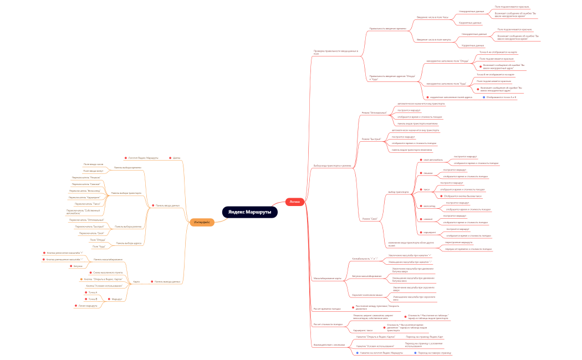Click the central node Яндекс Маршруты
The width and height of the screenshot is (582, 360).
[x=249, y=212]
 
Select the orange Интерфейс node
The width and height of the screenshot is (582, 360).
[x=202, y=222]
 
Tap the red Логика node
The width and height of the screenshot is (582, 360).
[x=295, y=202]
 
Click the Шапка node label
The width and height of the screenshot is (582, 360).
[x=176, y=158]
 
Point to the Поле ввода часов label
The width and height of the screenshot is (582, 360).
[x=93, y=164]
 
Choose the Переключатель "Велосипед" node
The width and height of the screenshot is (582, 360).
[x=85, y=191]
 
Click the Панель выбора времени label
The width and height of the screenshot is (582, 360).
[x=127, y=167]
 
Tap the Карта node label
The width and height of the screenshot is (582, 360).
[x=136, y=281]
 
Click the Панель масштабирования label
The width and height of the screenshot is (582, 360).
[x=108, y=259]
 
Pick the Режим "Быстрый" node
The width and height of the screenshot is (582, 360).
[x=371, y=139]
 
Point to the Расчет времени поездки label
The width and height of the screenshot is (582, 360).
[x=327, y=308]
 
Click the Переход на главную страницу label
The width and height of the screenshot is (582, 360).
[x=435, y=353]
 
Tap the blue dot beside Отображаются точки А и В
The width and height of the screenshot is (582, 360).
[x=484, y=97]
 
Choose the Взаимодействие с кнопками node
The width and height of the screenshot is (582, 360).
[x=329, y=344]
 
